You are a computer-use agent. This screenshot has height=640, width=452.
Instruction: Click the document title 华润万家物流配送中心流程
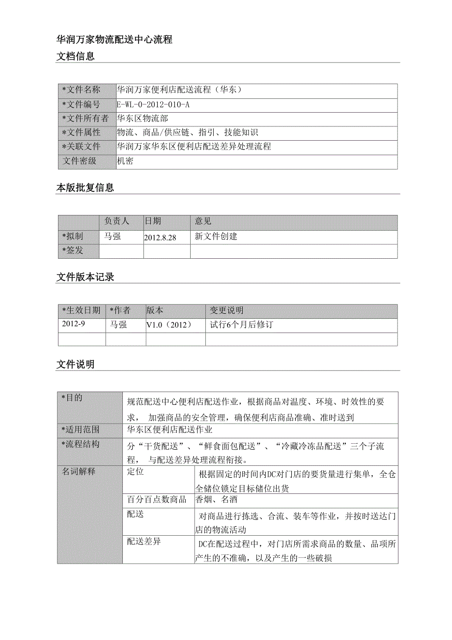[114, 40]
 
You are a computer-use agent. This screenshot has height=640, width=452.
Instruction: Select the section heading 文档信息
[76, 57]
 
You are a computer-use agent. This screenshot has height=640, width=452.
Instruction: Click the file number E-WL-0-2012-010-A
[153, 104]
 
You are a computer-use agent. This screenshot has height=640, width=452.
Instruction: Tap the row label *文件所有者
[85, 119]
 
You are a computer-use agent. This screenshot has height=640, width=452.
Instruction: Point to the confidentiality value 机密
[125, 161]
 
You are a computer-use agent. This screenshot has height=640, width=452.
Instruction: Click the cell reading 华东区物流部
[142, 119]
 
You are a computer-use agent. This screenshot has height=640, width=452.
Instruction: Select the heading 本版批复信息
[85, 188]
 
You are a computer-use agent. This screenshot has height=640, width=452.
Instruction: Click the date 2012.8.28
[160, 237]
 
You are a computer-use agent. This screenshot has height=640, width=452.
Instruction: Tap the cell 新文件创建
[216, 237]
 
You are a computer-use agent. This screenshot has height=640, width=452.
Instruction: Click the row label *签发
[73, 250]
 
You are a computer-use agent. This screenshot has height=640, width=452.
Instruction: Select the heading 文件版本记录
[85, 277]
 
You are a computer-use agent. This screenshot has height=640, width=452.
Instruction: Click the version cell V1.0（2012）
[169, 325]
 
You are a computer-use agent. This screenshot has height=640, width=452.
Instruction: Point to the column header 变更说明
[226, 310]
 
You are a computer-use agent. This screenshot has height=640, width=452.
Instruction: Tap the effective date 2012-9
[73, 324]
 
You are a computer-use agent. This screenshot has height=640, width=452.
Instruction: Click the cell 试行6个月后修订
[241, 325]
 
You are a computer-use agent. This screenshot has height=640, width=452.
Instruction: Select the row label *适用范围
[81, 429]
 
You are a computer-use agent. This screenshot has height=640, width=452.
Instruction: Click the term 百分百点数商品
[157, 500]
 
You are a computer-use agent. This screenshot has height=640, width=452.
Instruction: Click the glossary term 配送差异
[144, 542]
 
